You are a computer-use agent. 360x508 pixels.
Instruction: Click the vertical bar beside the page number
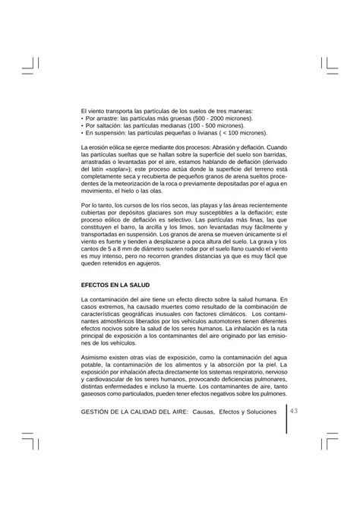tap(287, 418)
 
